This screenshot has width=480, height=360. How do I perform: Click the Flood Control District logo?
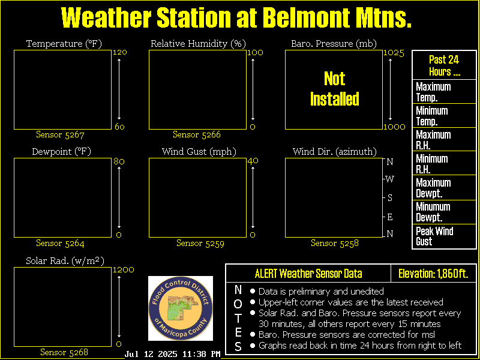tap(181, 308)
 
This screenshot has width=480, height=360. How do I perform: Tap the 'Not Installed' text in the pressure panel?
tap(335, 89)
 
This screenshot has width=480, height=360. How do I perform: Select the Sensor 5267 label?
tap(60, 134)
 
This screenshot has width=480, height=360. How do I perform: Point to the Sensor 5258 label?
tap(335, 243)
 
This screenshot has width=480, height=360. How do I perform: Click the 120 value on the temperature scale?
tap(119, 52)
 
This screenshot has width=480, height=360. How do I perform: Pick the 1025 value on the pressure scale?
tap(394, 53)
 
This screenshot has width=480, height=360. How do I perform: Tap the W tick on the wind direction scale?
tap(389, 179)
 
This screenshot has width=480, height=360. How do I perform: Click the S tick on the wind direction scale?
tap(389, 198)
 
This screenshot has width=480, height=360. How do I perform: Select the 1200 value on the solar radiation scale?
tap(124, 270)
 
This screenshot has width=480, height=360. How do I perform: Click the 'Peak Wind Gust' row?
tap(444, 236)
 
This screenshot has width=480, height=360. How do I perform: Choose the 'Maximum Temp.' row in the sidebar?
tap(444, 92)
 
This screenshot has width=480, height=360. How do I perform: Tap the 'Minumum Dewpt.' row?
tap(444, 212)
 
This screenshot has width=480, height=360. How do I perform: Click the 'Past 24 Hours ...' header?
tap(444, 65)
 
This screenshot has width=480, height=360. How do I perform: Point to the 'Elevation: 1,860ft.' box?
tap(433, 274)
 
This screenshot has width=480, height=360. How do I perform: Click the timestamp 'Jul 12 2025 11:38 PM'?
tap(172, 354)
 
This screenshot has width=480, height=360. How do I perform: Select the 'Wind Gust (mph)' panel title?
tap(199, 152)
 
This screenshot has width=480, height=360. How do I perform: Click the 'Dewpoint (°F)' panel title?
tap(62, 152)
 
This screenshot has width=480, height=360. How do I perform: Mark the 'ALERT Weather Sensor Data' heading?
tap(308, 274)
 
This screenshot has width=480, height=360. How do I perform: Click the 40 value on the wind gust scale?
tap(252, 161)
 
